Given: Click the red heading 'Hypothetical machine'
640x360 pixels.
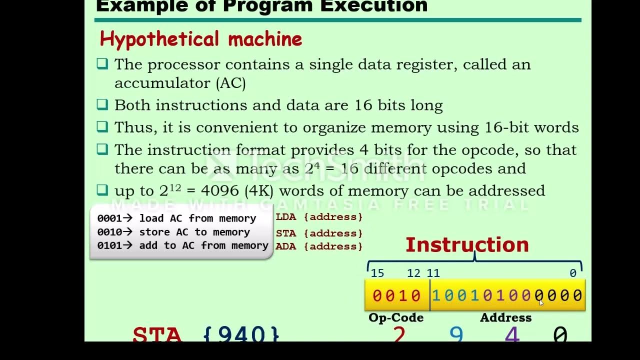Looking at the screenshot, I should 200,39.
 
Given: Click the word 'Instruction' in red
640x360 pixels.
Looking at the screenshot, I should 467,245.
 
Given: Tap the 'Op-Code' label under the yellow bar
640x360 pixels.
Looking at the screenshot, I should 395,318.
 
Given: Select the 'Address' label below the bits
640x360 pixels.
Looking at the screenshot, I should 505,318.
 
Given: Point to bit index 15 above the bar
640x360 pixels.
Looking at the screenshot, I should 377,273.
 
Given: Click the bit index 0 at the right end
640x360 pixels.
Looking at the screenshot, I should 573,273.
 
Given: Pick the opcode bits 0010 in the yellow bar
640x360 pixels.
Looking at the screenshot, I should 397,296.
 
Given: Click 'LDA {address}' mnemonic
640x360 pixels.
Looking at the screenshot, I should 319,217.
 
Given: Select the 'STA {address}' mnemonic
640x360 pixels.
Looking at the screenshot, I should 319,233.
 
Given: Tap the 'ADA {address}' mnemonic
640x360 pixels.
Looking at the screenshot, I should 319,246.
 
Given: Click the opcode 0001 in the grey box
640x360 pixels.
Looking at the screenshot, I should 108,218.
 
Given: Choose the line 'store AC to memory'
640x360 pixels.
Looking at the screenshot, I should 194,232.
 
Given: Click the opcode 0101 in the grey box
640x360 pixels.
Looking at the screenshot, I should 108,245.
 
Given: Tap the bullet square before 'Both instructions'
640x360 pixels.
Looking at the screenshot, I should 102,104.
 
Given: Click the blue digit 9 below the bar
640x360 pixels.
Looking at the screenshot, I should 456,334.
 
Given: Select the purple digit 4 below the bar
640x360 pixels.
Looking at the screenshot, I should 512,334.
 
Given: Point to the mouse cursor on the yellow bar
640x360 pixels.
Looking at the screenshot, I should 540,302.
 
